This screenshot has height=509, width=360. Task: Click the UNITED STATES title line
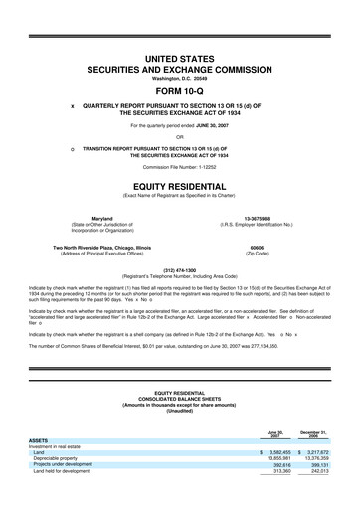tap(179, 61)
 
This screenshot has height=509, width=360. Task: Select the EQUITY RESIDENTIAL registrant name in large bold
tap(179, 185)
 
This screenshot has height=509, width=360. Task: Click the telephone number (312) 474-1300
tap(179, 268)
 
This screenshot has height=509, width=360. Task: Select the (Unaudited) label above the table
tap(179, 439)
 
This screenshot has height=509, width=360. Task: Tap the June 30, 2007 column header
tap(273, 461)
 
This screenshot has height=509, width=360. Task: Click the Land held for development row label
tap(63, 500)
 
